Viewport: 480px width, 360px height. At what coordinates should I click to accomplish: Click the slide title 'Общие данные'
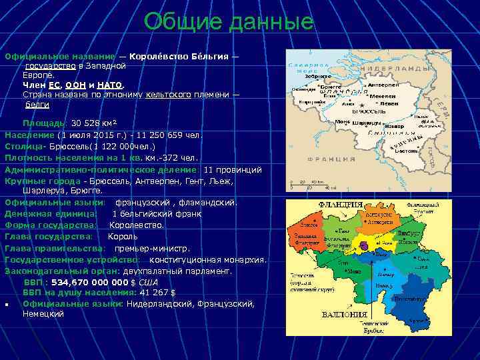[229, 21]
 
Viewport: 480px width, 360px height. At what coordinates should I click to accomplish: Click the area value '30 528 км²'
[94, 123]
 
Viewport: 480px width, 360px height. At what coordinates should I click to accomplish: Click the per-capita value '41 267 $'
[158, 292]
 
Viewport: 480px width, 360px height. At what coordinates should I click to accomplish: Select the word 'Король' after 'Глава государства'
[123, 236]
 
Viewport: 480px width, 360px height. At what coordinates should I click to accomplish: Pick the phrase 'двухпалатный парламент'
[180, 271]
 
